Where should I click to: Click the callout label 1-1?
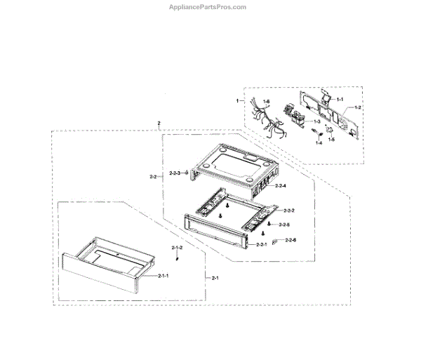(x=340, y=100)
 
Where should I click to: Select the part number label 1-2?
(x=359, y=108)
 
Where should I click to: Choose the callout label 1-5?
(x=332, y=140)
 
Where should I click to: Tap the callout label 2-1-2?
(x=178, y=248)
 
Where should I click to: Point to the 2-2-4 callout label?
(x=280, y=185)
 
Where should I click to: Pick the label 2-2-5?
(x=283, y=225)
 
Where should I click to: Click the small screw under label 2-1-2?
(x=178, y=259)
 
